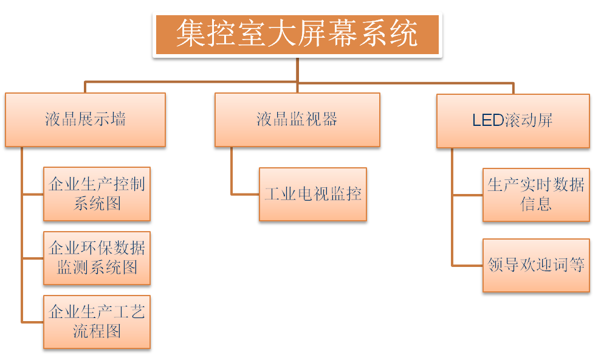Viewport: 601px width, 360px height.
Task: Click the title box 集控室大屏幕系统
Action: coord(297,35)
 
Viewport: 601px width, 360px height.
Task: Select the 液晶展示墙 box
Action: coord(85,119)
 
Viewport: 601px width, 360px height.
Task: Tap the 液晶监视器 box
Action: coord(297,119)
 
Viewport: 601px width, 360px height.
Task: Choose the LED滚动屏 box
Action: coord(513,120)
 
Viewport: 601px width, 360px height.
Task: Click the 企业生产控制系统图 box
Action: coord(97,193)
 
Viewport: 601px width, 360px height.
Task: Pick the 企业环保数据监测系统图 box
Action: coord(97,257)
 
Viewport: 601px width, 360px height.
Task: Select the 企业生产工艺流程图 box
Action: coord(97,322)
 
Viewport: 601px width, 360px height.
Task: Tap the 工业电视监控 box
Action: coord(313,194)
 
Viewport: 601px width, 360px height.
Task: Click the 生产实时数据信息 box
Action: coord(536,195)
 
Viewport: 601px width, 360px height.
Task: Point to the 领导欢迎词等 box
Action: coord(536,265)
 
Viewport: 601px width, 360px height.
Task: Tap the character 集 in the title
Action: coord(191,34)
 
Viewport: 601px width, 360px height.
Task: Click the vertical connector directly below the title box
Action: coord(297,69)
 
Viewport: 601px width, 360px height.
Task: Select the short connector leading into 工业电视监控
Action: coord(245,195)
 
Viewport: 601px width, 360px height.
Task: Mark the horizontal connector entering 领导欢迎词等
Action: coord(467,266)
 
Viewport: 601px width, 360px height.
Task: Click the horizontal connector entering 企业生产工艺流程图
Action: coord(32,322)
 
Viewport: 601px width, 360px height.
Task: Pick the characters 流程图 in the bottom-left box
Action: coord(97,331)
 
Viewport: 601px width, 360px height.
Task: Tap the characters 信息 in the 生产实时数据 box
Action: coord(536,204)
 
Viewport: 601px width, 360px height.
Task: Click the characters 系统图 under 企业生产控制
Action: coord(97,203)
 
